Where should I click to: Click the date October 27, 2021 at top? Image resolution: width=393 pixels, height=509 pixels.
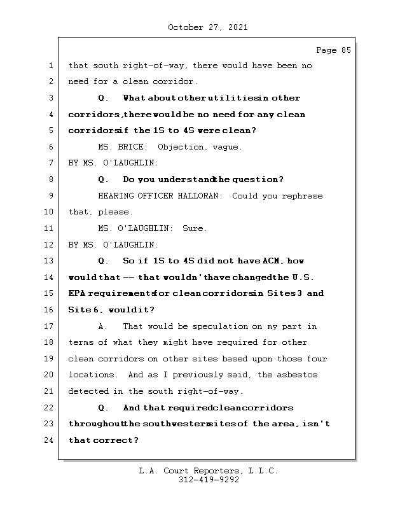208,27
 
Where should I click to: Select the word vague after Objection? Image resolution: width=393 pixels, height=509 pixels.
228,147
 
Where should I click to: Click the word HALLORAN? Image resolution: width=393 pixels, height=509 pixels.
198,196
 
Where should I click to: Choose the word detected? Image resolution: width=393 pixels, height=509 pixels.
88,391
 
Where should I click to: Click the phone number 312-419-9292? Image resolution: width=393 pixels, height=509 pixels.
208,480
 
